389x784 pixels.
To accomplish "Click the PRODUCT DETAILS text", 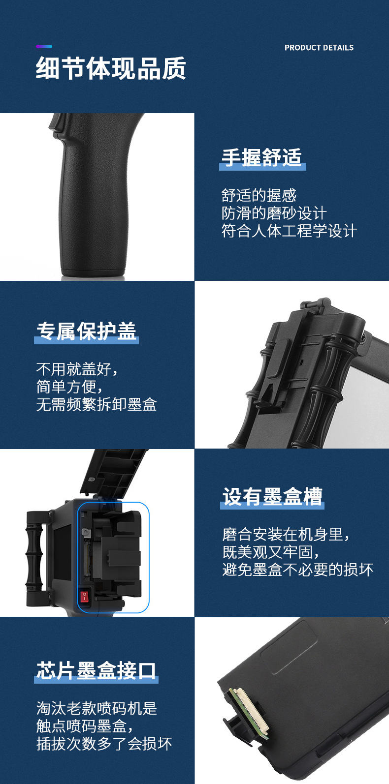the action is pos(319,48).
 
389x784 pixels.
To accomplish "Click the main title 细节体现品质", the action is pos(111,68).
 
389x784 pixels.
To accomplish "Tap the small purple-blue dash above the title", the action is pos(44,46).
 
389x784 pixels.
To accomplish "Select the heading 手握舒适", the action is pos(262,157).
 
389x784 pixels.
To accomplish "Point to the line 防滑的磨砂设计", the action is pos(274,213).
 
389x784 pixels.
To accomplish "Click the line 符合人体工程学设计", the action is pos(289,231).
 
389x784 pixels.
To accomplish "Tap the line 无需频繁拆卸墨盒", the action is pos(97,405).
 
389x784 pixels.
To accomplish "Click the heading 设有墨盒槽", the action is pos(272,496).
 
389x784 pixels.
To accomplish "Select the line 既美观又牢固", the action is pos(270,552).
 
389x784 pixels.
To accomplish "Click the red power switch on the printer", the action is pos(85,596).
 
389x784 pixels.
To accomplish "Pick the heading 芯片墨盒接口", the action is pos(96,671).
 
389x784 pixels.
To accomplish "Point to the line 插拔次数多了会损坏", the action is pos(104,744).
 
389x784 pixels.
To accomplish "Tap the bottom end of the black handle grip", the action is pos(93,272).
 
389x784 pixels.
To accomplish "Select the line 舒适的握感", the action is pos(259,195).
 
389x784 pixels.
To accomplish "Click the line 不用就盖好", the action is pos(77,369).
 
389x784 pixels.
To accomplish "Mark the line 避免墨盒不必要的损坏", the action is pos(298,570).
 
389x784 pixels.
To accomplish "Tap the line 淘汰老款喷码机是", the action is pos(97,708).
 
